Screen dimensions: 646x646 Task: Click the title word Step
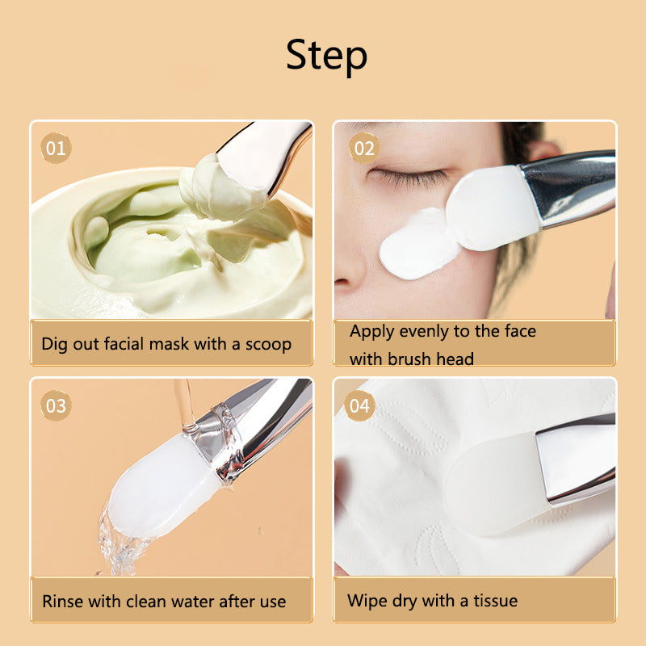tap(326, 56)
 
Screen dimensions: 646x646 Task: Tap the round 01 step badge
tap(56, 149)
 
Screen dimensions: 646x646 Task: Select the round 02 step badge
tap(364, 149)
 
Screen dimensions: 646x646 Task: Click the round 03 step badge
tap(56, 406)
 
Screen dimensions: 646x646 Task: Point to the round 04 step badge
tap(359, 406)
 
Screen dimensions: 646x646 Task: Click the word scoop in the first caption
tap(268, 345)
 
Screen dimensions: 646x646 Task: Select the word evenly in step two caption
tap(424, 332)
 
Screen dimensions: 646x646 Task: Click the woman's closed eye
tap(408, 176)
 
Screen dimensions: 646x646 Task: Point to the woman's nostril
tap(342, 282)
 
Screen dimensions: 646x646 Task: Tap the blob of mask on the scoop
tap(223, 187)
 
